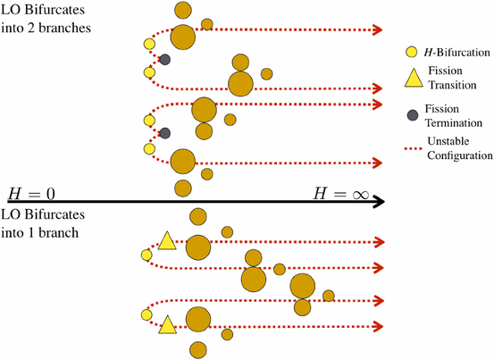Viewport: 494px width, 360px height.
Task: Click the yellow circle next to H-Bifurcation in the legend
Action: coord(387,52)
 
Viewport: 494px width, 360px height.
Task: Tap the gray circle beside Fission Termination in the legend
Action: coord(387,115)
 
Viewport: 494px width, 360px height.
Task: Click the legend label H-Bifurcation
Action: coord(438,52)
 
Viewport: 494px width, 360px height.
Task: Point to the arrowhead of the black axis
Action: coord(379,202)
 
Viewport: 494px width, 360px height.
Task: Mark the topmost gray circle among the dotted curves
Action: coord(164,60)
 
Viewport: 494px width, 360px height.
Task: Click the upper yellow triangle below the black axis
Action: coord(166,239)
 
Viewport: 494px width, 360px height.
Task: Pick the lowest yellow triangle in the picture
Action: coord(166,325)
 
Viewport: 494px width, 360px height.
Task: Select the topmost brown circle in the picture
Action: coord(182,12)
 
